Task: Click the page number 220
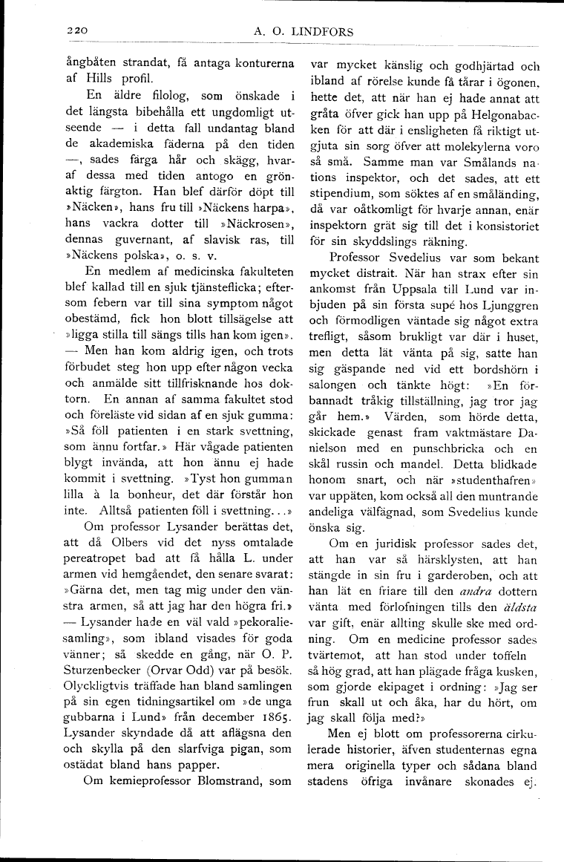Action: [76, 30]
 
